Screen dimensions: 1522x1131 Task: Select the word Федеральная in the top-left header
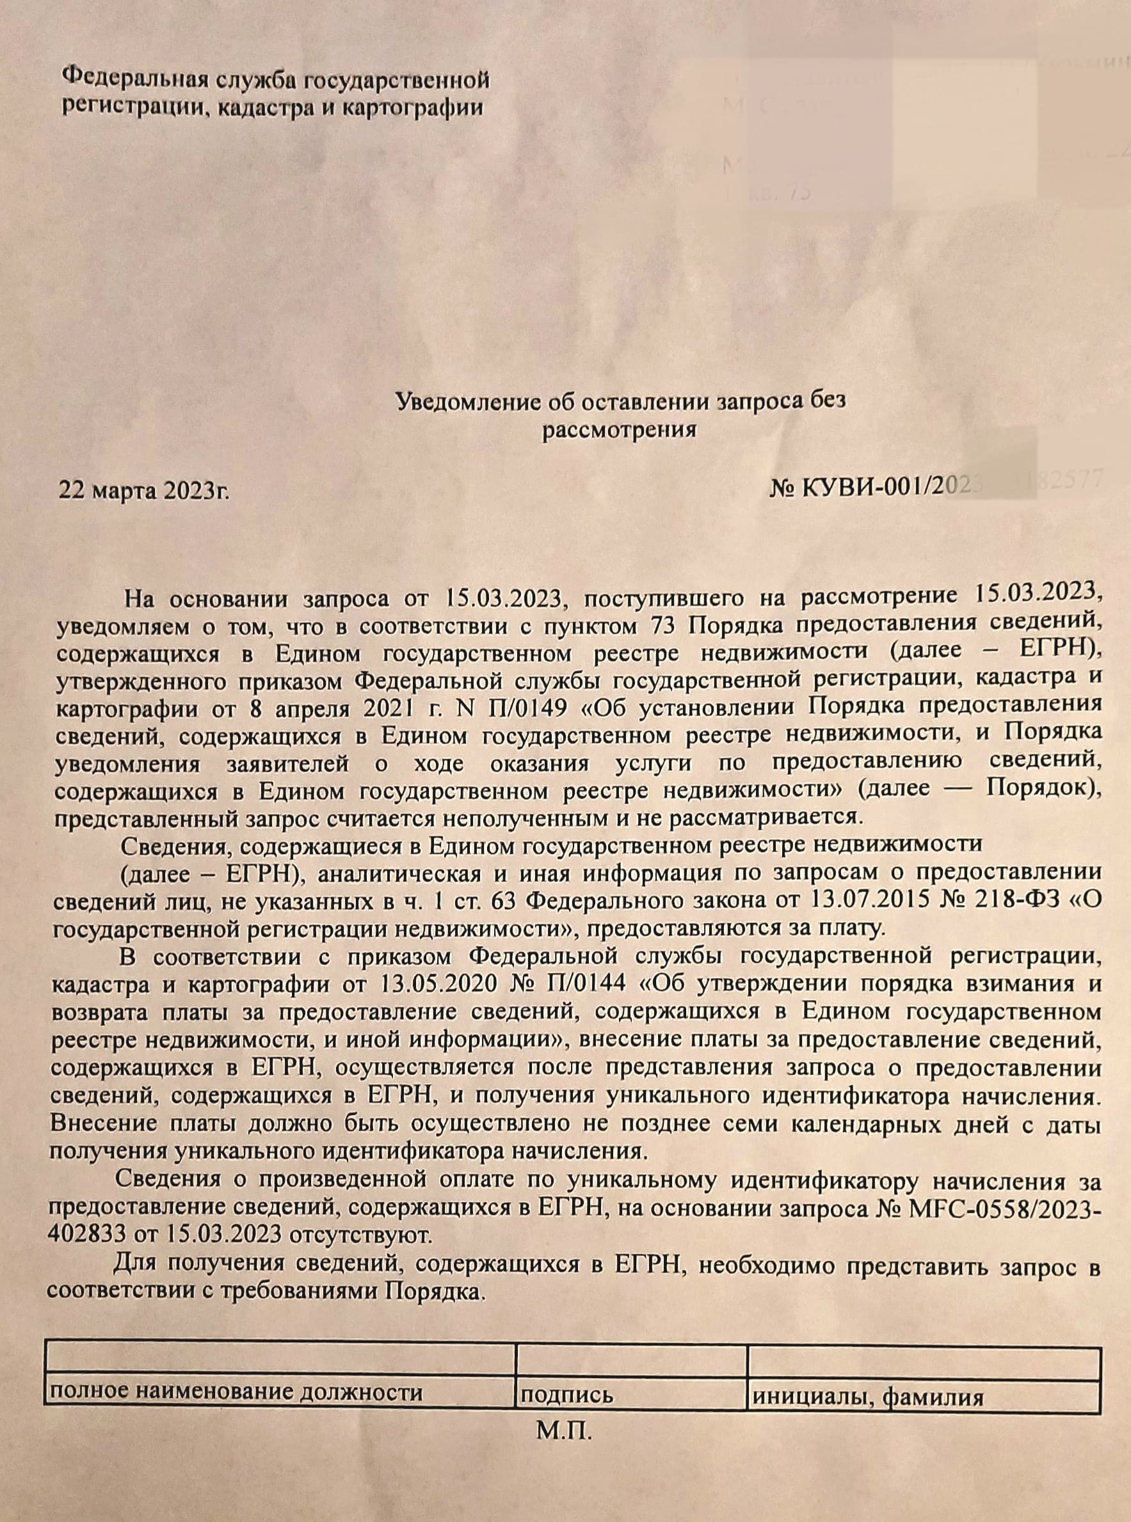134,77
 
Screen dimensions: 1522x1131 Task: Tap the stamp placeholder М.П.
564,1431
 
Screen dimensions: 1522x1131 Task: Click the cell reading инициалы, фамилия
867,1396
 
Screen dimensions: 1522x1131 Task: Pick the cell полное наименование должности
235,1392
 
